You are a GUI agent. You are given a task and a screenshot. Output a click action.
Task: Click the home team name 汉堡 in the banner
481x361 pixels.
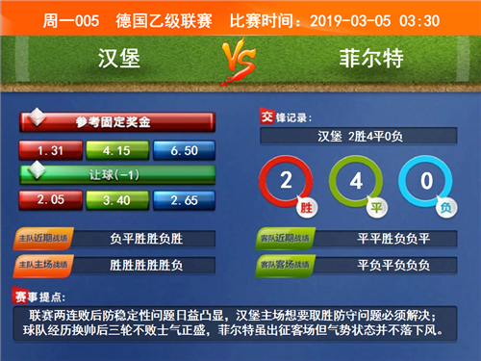coord(119,59)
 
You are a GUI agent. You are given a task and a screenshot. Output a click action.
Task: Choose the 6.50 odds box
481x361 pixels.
coord(183,150)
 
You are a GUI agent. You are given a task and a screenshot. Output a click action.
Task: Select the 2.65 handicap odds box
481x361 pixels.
coord(183,199)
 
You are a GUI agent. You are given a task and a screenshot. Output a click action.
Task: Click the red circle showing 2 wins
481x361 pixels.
coord(285,181)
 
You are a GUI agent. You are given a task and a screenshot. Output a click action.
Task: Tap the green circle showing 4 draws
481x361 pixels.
coord(354,181)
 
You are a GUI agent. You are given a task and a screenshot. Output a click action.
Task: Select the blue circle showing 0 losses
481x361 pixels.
coord(423,181)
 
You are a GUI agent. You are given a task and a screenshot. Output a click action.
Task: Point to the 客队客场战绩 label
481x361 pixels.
coord(286,262)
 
